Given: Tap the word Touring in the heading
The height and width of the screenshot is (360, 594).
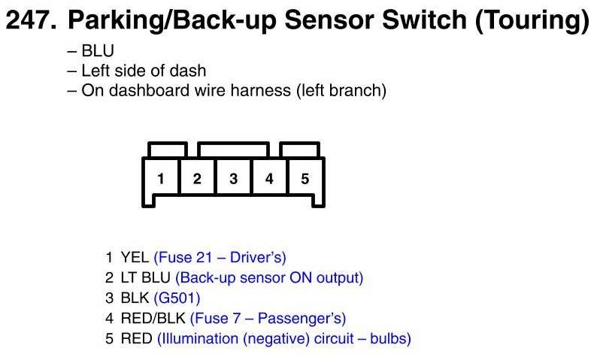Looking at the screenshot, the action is click(x=531, y=21).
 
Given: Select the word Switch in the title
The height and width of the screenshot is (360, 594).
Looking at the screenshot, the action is click(x=425, y=20).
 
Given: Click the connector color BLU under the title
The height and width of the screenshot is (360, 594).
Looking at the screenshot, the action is click(x=98, y=51).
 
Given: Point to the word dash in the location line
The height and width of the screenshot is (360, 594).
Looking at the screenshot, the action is click(x=187, y=71).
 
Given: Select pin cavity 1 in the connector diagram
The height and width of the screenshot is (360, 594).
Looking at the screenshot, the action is click(x=161, y=177).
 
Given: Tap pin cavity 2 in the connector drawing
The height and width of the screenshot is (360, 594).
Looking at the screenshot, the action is click(x=197, y=177).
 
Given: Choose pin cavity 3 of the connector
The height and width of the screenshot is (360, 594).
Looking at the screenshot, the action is click(x=233, y=177).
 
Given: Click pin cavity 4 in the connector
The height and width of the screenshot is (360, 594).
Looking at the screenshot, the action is click(x=269, y=177).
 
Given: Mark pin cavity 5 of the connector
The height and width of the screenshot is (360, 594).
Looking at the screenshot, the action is click(x=305, y=177).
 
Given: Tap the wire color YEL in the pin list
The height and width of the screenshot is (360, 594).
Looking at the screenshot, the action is click(x=135, y=258).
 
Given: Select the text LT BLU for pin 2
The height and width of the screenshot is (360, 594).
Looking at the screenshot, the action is click(x=145, y=278).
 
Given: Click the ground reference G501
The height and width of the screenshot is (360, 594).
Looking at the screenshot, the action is click(x=177, y=298).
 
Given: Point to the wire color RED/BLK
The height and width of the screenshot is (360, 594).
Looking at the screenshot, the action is click(x=153, y=319).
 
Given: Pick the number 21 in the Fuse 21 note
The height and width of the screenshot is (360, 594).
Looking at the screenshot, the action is click(x=205, y=258).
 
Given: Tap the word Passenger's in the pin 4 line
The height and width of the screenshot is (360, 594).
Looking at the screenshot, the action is click(x=299, y=319).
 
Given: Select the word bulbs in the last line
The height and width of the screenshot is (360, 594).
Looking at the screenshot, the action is click(x=390, y=339).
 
